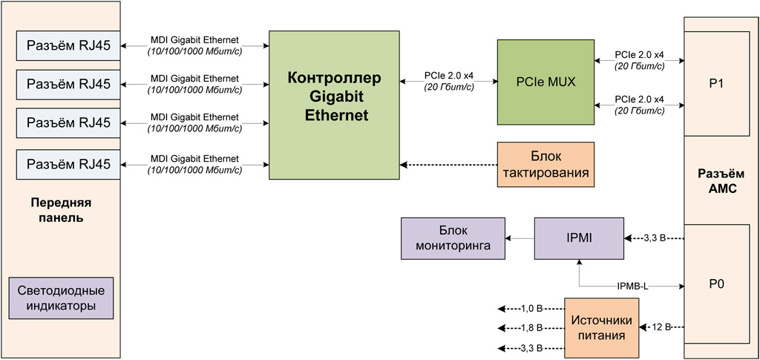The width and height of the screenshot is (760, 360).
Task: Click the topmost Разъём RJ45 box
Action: point(68,46)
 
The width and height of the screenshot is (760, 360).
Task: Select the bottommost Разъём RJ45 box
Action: point(68,163)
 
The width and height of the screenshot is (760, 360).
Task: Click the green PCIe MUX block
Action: point(546,81)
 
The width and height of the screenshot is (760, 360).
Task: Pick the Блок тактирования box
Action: point(546,164)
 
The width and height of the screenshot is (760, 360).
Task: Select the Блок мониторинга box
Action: point(452,238)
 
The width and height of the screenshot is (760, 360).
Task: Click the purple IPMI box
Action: point(578,238)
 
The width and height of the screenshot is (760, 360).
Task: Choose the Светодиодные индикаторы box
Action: point(61,298)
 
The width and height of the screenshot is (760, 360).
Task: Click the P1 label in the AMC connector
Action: point(716,83)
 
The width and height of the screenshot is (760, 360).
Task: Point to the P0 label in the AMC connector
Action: point(716,284)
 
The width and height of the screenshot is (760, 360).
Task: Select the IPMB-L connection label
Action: point(633,285)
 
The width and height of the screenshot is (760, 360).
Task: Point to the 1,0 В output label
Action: point(531,308)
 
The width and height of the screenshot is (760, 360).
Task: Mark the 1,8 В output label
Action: point(531,327)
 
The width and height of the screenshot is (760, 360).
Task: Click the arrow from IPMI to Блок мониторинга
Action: point(520,238)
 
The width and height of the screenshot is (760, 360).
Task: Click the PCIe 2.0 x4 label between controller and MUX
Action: point(448,76)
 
